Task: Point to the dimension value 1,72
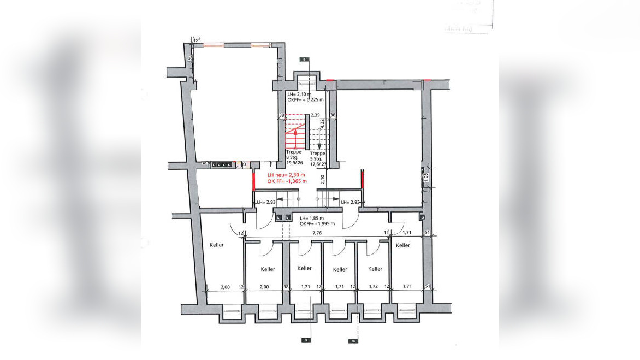pos(373,287)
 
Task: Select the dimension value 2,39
pos(315,115)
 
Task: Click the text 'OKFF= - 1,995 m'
pos(319,223)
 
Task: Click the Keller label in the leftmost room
pos(217,245)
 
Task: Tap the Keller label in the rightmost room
pos(402,245)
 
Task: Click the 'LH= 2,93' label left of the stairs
pos(264,203)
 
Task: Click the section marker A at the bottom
pos(306,339)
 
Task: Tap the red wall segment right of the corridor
pos(363,180)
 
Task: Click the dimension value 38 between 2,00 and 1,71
pos(286,287)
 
